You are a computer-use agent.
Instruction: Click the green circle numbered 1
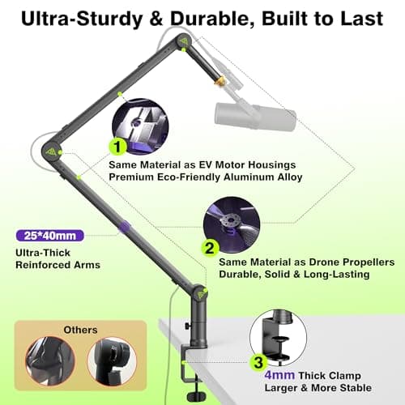[x=120, y=147]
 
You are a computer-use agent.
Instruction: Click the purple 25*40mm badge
[x=49, y=236]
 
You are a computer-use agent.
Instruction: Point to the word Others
[x=81, y=330]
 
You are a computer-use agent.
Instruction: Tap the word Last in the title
[x=366, y=18]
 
